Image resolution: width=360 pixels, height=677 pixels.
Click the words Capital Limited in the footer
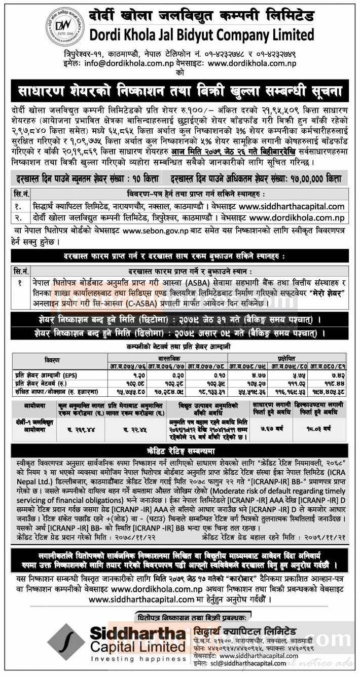coord(137,647)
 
